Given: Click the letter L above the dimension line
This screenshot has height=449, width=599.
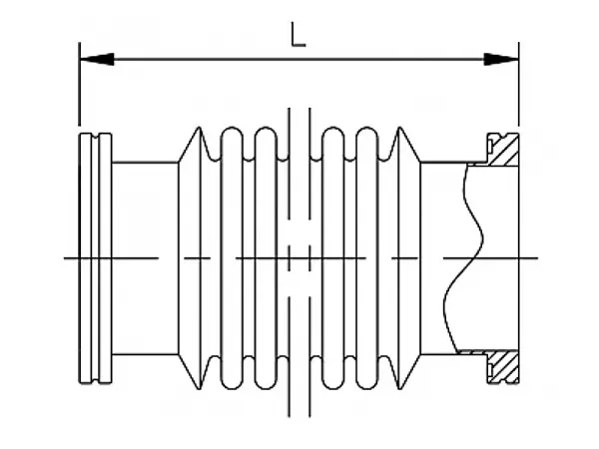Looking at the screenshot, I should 298,35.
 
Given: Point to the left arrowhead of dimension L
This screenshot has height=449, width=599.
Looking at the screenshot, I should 92,60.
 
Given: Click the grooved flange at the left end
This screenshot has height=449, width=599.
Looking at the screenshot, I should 95,257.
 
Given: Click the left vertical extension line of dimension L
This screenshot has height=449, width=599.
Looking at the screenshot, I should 79,90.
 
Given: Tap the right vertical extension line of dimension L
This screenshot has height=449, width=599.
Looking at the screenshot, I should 519,90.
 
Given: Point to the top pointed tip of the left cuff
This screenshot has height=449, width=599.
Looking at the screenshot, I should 199,129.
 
